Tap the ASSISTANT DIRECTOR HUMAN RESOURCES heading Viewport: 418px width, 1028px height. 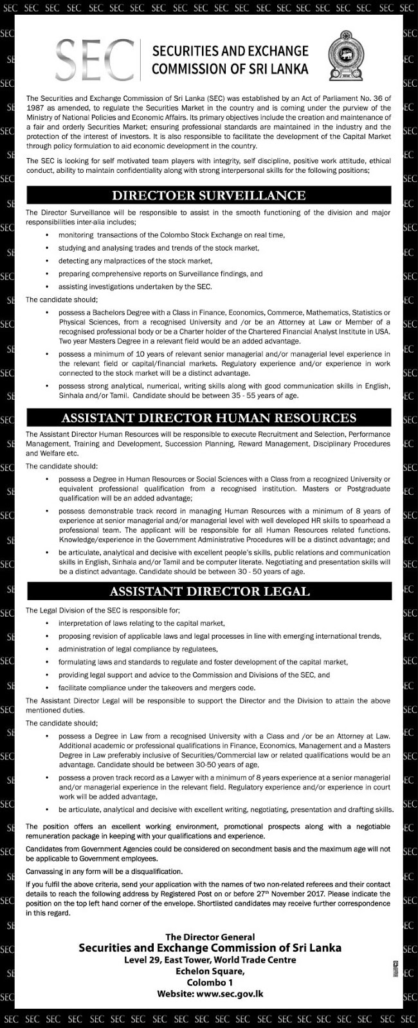(208, 418)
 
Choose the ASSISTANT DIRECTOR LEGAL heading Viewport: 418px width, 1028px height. (208, 590)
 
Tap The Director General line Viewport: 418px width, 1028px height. (210, 937)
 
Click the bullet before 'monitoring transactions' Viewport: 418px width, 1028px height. (47, 235)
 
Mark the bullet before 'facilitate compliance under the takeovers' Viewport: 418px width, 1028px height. (47, 687)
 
